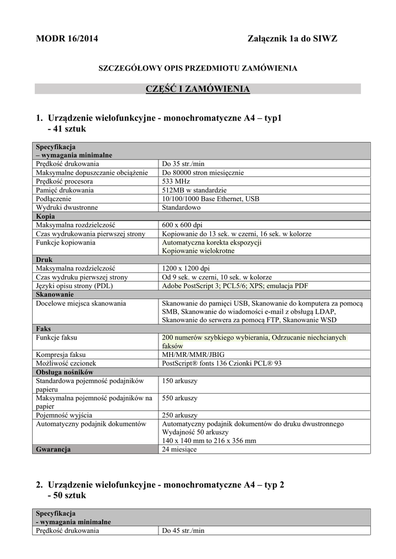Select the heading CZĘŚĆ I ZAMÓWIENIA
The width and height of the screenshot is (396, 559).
pyautogui.click(x=197, y=88)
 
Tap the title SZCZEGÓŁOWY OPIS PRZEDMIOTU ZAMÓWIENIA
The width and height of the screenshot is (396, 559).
pyautogui.click(x=197, y=68)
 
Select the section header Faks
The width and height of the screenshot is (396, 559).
pyautogui.click(x=44, y=329)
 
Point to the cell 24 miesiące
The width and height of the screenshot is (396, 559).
pyautogui.click(x=179, y=449)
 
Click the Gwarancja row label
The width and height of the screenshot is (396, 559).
pyautogui.click(x=54, y=449)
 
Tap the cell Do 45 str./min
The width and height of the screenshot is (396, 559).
pyautogui.click(x=183, y=531)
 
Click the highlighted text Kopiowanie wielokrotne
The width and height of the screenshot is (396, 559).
pyautogui.click(x=198, y=251)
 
